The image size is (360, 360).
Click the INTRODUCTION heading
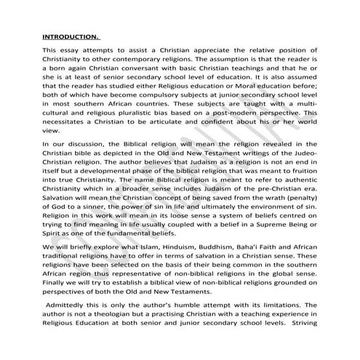pos(70,35)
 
